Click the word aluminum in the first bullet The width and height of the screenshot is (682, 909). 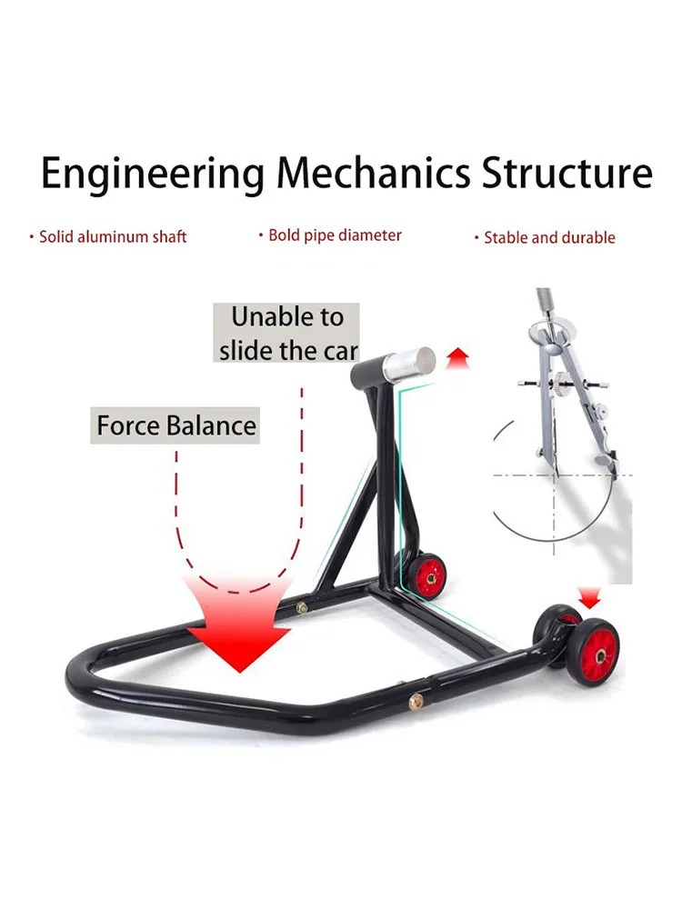pos(100,237)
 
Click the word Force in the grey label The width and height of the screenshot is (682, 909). pos(127,425)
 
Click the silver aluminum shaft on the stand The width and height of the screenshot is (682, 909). pos(409,363)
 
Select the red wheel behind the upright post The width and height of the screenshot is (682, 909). pos(428,575)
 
